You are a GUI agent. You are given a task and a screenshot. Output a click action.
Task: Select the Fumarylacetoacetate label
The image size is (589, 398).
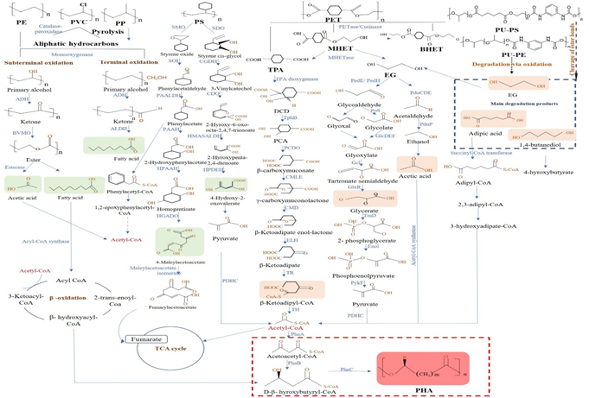pyautogui.click(x=191, y=306)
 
